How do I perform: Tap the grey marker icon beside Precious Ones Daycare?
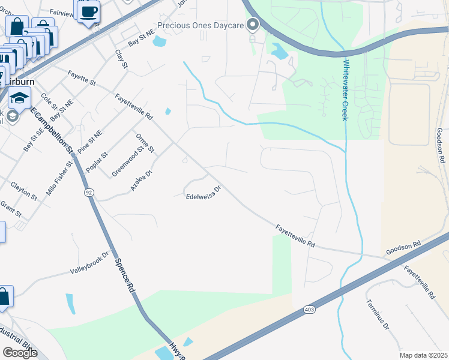click(x=253, y=25)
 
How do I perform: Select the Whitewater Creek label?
click(x=346, y=89)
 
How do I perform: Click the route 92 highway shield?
click(x=88, y=193)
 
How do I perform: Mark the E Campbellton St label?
click(x=51, y=130)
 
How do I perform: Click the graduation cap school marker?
click(x=20, y=97)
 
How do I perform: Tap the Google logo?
click(x=20, y=353)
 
